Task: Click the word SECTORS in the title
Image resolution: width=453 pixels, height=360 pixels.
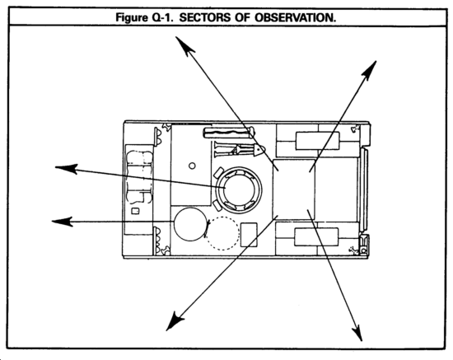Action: (205, 17)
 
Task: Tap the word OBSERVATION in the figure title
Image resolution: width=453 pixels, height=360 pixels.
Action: (295, 17)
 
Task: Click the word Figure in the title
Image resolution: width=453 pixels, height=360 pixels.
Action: (132, 17)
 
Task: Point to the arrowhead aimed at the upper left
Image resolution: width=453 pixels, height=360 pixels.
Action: (184, 45)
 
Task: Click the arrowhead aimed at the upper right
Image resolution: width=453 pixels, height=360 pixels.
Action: (370, 70)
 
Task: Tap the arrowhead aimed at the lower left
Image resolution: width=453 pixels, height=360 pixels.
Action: (174, 321)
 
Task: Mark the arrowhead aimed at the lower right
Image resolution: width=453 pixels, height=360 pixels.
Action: (357, 333)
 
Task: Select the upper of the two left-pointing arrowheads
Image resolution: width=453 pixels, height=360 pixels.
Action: (66, 168)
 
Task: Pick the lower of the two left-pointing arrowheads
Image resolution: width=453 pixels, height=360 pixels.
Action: (62, 222)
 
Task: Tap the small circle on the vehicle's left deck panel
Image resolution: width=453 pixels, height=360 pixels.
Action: (192, 166)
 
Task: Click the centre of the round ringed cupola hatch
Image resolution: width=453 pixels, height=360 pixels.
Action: (240, 189)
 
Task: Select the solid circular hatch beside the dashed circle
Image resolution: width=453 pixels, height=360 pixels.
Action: (191, 224)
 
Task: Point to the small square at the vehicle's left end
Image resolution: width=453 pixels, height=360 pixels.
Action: (135, 211)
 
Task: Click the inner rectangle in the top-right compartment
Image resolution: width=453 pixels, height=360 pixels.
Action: (317, 141)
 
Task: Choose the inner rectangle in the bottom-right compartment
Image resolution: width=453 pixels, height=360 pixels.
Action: (316, 237)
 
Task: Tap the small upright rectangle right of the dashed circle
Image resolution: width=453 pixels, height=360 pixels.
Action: (249, 235)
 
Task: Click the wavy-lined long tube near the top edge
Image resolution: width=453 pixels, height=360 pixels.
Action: (228, 133)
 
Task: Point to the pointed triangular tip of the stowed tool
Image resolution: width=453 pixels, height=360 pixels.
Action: (259, 150)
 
